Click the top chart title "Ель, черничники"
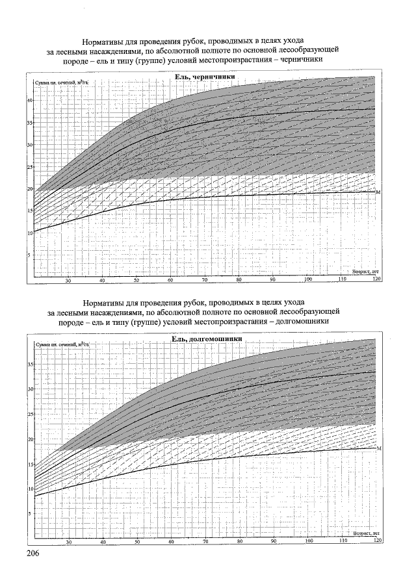[204, 78]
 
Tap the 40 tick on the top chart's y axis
[30, 101]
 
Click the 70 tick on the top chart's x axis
[205, 280]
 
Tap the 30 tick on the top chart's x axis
[68, 280]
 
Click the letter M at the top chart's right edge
[378, 192]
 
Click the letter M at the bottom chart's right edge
[378, 448]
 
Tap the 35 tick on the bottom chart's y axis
[31, 364]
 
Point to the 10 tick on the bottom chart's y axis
[31, 489]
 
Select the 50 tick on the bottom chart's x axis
[137, 541]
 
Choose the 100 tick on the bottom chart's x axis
[308, 541]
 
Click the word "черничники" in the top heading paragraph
[301, 60]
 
